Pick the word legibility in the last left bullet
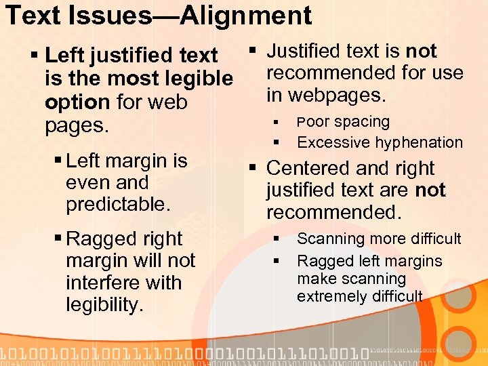click(x=104, y=305)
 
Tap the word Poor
click(x=311, y=122)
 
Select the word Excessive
click(x=330, y=142)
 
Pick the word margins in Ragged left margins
click(x=415, y=261)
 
